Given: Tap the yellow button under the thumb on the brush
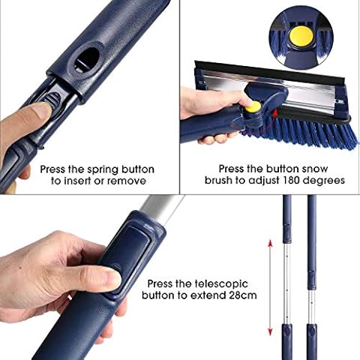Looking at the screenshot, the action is [x=253, y=107].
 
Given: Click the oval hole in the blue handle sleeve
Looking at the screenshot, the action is [x=86, y=60].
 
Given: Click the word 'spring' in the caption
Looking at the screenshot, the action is [x=103, y=170].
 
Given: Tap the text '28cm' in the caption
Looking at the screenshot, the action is [x=243, y=295].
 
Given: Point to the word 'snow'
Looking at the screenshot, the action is [x=315, y=169].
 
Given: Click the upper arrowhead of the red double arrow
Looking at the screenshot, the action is [x=270, y=243].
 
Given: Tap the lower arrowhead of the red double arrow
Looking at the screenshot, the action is [x=270, y=331].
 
